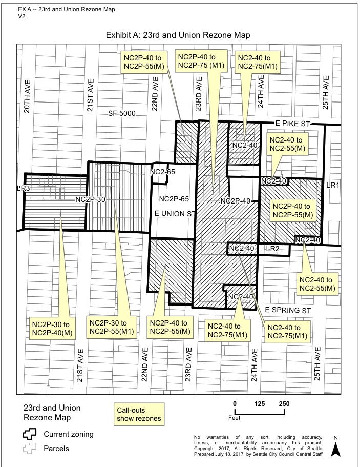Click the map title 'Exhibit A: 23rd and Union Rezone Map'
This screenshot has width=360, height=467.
click(178, 35)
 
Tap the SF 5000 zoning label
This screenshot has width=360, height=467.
click(122, 113)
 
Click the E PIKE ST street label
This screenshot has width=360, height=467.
click(293, 124)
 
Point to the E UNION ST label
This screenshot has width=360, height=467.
click(175, 214)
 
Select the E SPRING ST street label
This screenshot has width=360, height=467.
click(288, 310)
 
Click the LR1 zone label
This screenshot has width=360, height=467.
click(333, 185)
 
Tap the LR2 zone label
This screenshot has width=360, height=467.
click(272, 249)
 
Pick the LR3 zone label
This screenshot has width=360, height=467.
click(24, 188)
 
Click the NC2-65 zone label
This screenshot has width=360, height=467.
click(162, 172)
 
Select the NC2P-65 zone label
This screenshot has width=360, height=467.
click(174, 199)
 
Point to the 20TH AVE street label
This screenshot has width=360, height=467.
click(27, 96)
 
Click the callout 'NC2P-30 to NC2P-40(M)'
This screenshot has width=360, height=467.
click(52, 329)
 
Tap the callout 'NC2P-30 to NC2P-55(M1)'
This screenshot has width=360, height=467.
click(112, 327)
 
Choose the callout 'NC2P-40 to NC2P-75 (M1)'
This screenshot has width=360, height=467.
click(201, 61)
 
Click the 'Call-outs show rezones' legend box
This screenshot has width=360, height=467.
click(139, 414)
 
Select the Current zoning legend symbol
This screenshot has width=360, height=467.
click(30, 434)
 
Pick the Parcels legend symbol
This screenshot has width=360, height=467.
click(30, 449)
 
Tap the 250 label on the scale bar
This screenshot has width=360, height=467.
click(284, 403)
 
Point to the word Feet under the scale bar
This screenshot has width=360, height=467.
click(235, 418)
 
